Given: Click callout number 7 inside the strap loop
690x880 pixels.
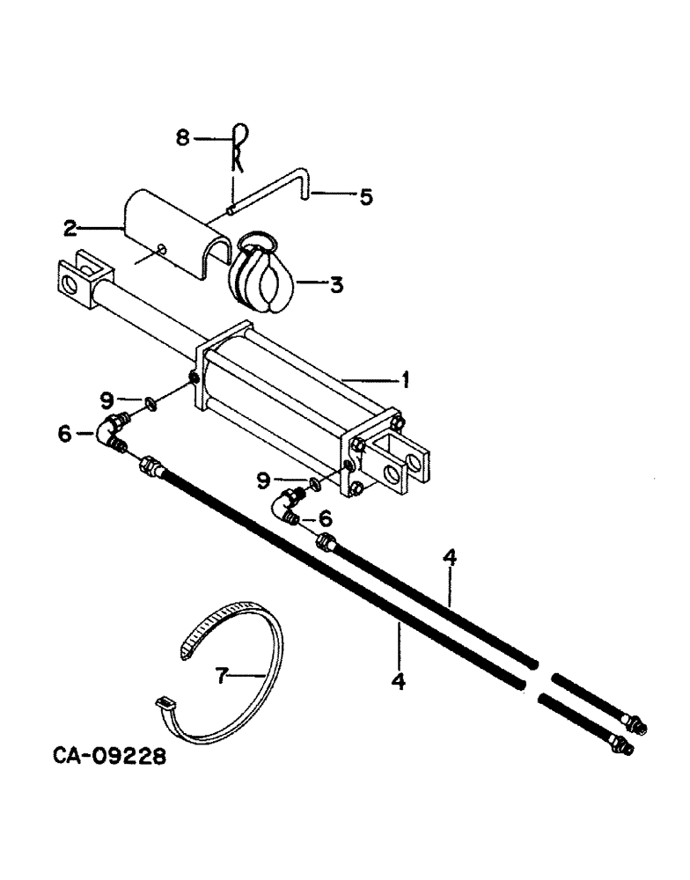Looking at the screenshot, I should point(222,676).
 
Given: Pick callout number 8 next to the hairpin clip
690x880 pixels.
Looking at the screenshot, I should point(182,137).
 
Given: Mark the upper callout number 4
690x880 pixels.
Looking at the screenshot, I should point(449,557).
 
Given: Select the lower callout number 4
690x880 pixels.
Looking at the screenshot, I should point(399,681).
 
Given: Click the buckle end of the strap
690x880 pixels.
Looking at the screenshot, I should point(163,702).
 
